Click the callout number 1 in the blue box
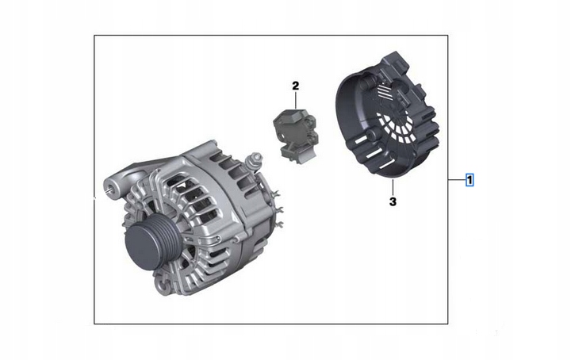470,180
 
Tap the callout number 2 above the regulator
295,85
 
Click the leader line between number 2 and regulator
295,101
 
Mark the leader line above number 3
393,187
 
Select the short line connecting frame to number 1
456,180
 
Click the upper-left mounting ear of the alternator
110,184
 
